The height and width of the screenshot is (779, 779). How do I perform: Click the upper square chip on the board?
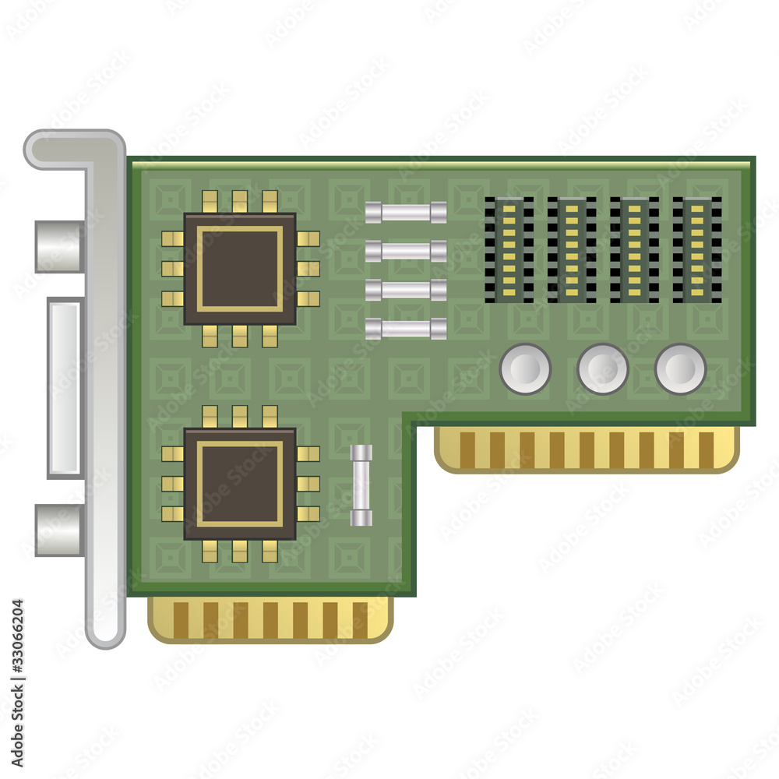coord(240,269)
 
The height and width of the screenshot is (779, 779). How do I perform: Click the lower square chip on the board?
coord(240,484)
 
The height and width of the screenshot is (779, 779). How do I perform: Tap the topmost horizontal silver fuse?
coord(406,212)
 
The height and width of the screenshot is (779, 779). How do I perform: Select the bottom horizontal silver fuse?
coord(406,329)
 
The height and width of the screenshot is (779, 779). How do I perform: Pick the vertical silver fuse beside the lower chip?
coord(361,485)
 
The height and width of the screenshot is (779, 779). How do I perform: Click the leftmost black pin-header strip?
coord(509,249)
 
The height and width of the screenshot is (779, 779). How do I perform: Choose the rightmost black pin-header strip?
coord(697,249)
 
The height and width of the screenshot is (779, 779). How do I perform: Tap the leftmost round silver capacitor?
coord(525,368)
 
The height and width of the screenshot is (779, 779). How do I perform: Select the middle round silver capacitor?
coord(603,368)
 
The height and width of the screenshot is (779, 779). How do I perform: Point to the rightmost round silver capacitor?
coord(680,368)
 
